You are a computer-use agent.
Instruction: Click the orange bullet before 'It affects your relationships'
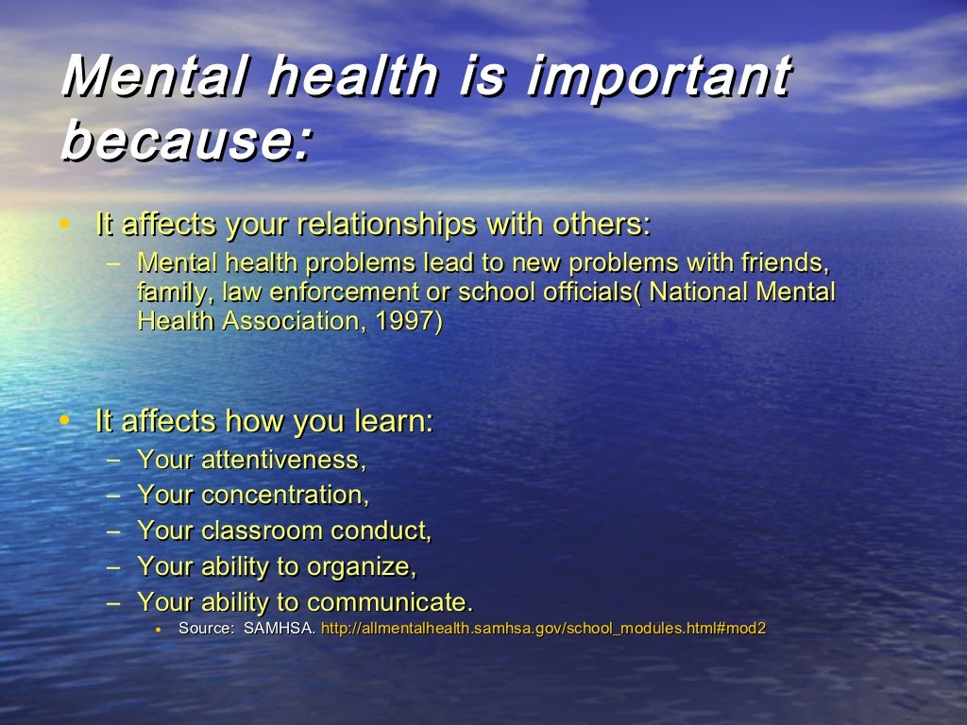(64, 225)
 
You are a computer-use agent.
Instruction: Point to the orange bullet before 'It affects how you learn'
(64, 418)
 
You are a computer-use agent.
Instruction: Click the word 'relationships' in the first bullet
(387, 226)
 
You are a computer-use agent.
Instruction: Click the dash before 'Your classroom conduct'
(114, 531)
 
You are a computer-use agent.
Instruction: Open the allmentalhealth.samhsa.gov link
(543, 628)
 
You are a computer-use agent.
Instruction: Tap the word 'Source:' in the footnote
(206, 628)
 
